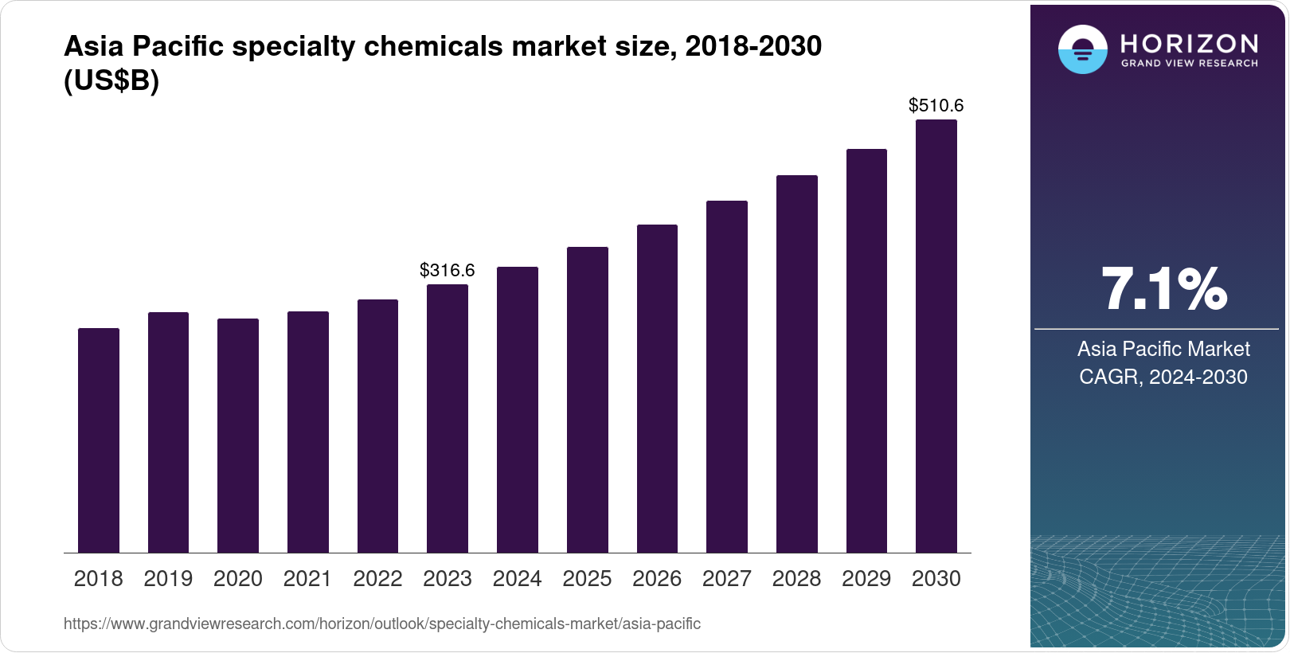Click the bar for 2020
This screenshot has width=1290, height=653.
[238, 436]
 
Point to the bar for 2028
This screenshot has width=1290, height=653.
[797, 364]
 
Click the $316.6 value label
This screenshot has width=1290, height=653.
[448, 270]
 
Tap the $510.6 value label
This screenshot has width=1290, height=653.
[936, 105]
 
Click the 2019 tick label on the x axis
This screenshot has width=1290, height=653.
[168, 579]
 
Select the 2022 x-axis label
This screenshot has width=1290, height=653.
[377, 579]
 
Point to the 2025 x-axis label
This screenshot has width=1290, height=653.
[587, 579]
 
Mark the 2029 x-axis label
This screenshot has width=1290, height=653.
[866, 579]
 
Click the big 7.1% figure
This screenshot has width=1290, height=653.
[1163, 289]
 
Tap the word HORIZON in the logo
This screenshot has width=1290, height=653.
[1190, 43]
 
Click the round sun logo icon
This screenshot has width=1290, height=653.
[1082, 49]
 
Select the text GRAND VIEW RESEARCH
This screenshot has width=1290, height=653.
[1190, 64]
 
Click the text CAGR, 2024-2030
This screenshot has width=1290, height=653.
[1163, 377]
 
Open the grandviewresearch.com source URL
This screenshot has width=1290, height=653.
[382, 624]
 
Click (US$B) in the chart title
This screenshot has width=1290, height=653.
[111, 81]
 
